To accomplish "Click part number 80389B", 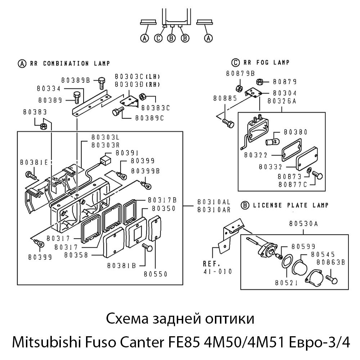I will [75, 80].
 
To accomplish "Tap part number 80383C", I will [155, 107].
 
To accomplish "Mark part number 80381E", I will [34, 162].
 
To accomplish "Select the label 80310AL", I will [214, 202].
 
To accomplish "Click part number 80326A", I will [282, 101].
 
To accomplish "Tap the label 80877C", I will [292, 185].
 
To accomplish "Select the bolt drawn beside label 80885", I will [228, 123].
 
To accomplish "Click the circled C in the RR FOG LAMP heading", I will [236, 63].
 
